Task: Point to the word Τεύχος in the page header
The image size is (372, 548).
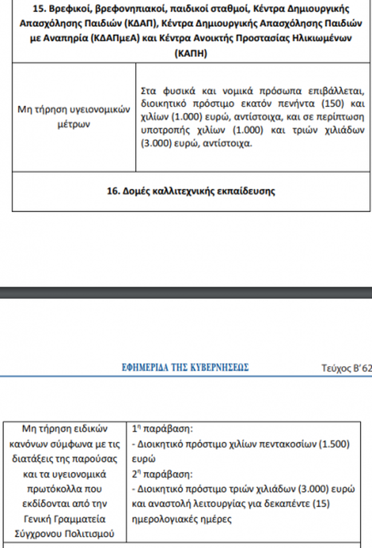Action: (337, 367)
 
